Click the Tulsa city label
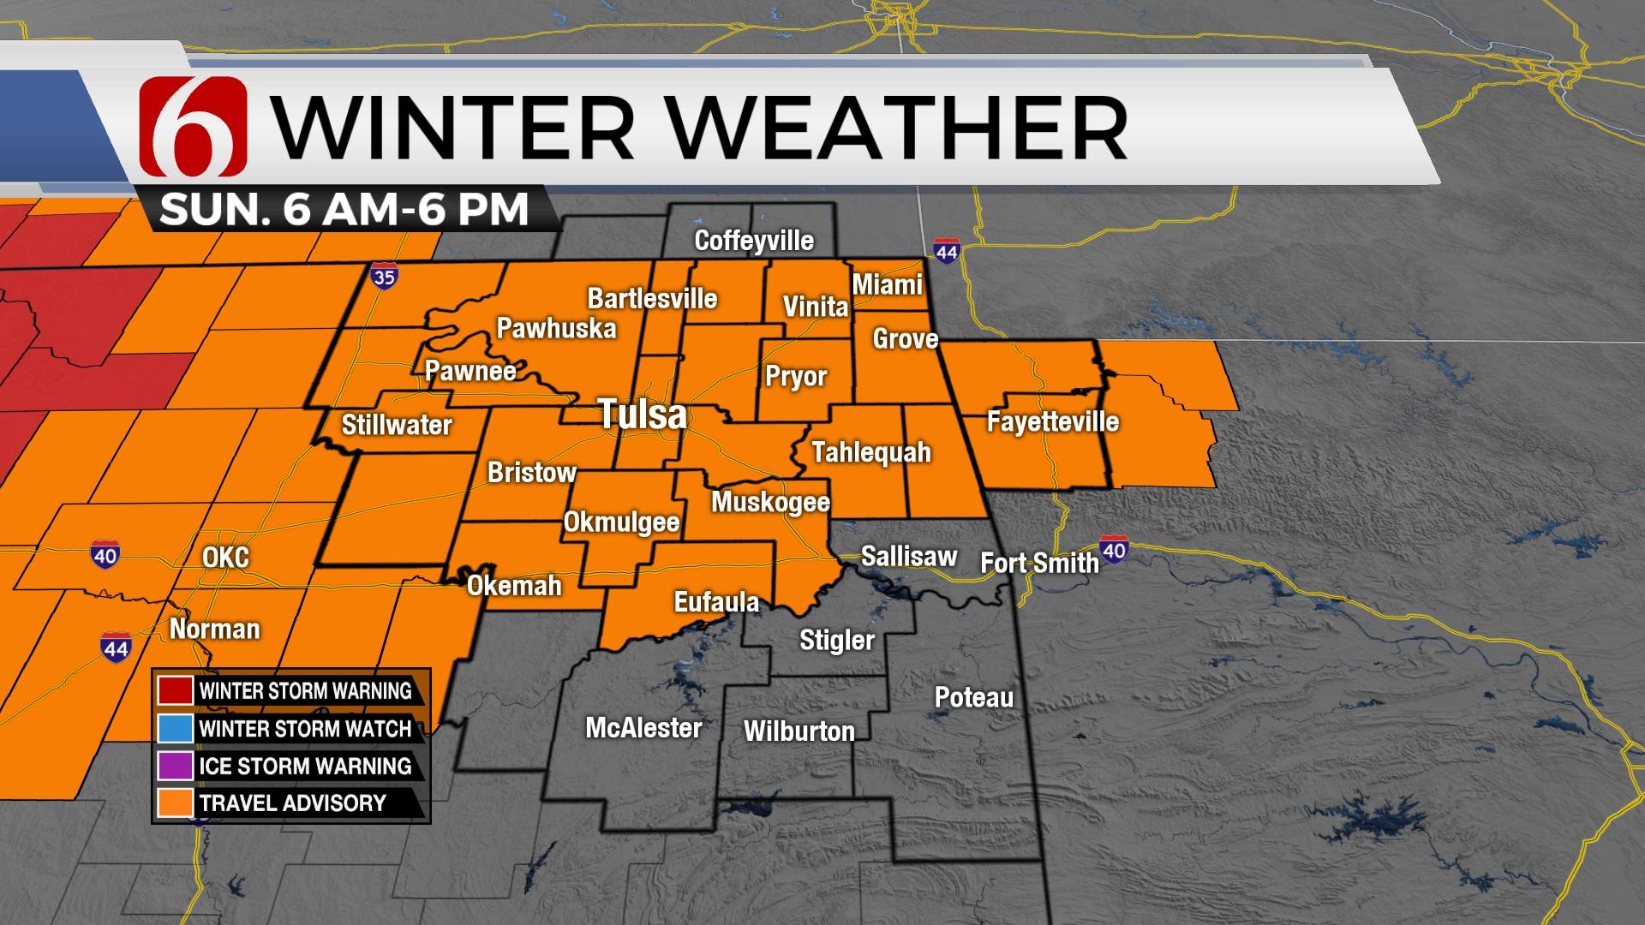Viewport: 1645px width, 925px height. (x=643, y=415)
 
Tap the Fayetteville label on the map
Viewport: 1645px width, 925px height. (x=1053, y=421)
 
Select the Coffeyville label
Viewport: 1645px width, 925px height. (x=754, y=241)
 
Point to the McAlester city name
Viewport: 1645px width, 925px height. (x=643, y=728)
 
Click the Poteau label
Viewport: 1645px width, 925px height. (x=974, y=697)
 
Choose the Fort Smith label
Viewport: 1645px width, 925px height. (x=1039, y=563)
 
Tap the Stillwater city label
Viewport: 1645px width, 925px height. (x=397, y=425)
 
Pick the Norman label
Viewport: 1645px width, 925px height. (x=214, y=629)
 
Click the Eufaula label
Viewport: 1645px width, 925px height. (x=716, y=602)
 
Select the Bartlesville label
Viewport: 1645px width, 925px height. (x=652, y=299)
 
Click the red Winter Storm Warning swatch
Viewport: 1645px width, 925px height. (x=175, y=690)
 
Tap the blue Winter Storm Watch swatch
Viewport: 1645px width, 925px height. (x=175, y=728)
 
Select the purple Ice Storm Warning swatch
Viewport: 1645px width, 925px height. (x=175, y=766)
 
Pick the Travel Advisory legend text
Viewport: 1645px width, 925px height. (x=292, y=803)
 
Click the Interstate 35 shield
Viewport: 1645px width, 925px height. (x=385, y=277)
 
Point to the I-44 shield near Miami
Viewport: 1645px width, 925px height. (x=946, y=252)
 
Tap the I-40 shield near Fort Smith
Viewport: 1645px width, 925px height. (x=1113, y=550)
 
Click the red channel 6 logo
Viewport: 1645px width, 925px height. (x=193, y=126)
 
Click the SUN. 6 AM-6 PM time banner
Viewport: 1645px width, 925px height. (x=344, y=209)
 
